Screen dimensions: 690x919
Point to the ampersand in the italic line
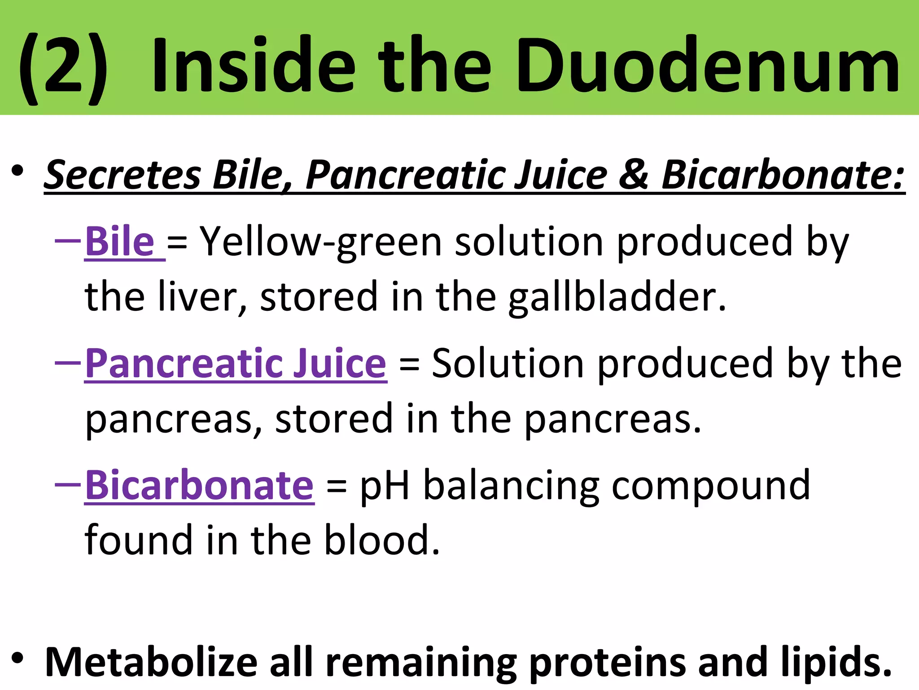point(634,174)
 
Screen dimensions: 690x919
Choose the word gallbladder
point(617,297)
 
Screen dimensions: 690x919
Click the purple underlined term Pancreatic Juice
point(236,363)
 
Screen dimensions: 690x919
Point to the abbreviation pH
point(385,487)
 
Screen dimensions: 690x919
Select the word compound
point(711,487)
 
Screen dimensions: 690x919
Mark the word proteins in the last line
point(607,663)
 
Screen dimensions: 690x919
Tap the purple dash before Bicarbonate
point(68,484)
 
